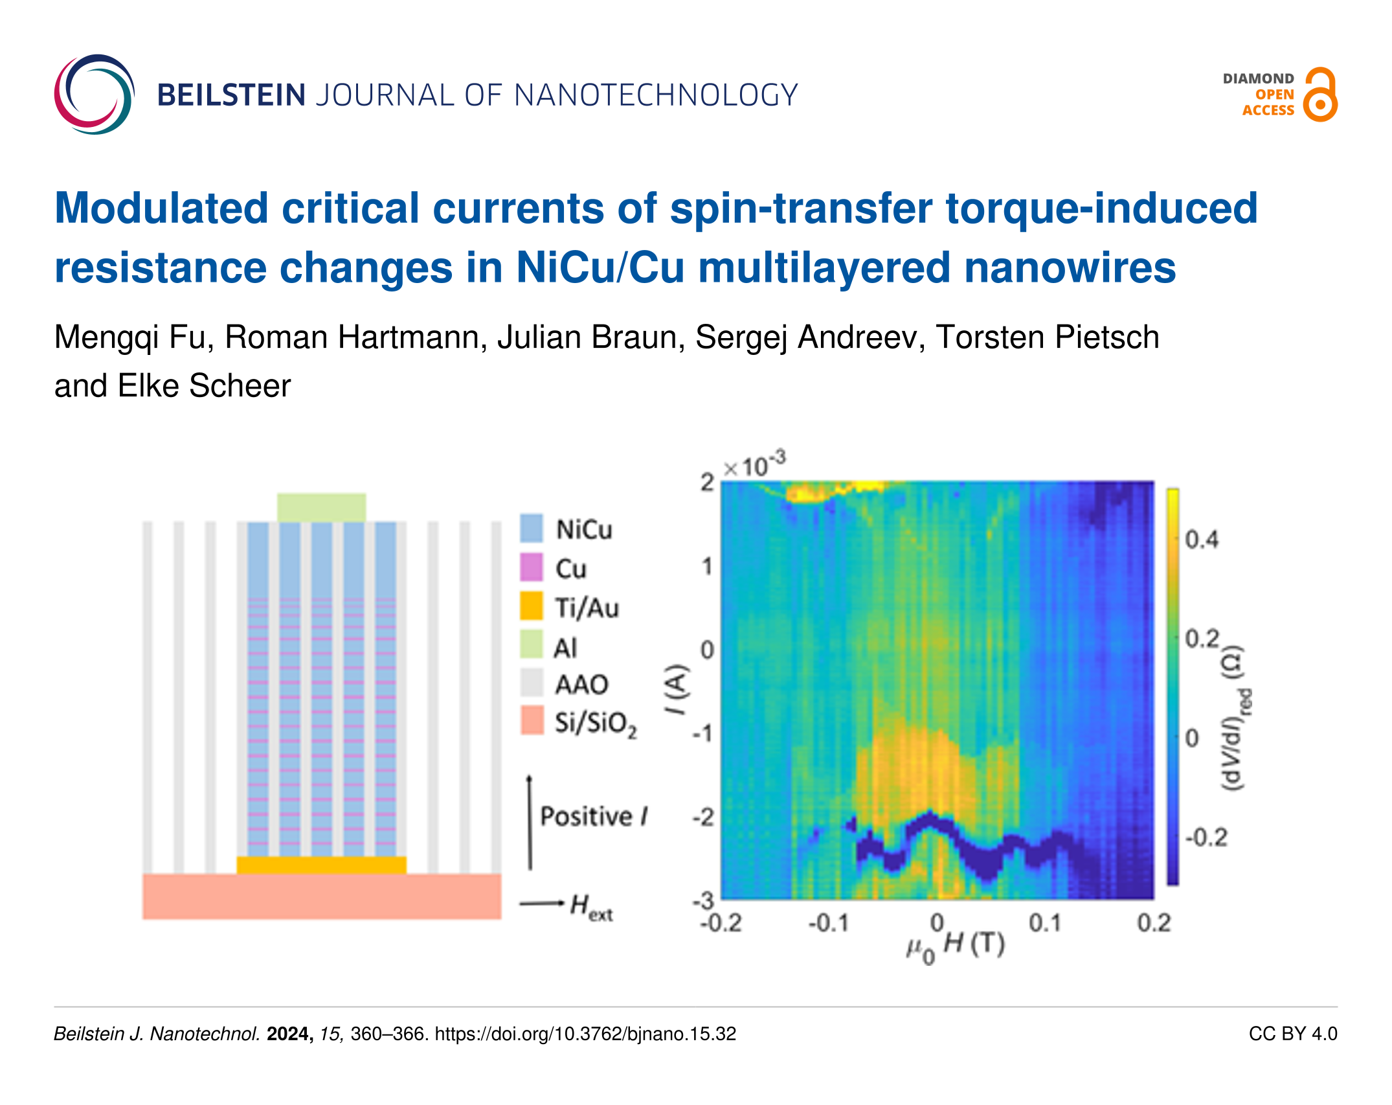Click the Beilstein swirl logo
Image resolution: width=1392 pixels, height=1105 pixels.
coord(95,95)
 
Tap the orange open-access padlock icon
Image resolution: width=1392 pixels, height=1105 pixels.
coord(1320,95)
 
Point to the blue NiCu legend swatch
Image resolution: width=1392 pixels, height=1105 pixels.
coord(532,529)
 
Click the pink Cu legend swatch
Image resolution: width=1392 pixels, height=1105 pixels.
coord(532,568)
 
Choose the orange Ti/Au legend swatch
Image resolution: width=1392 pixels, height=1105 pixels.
coord(532,607)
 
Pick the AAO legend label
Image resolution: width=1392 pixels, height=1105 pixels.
coord(581,684)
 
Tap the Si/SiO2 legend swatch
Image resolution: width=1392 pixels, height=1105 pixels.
coord(532,720)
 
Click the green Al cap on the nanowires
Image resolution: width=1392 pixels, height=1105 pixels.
coord(321,507)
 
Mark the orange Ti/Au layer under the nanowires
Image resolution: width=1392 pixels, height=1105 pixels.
coord(321,865)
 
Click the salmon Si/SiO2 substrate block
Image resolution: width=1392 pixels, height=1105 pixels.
coord(321,896)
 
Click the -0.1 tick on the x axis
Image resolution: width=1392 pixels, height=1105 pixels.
coord(828,922)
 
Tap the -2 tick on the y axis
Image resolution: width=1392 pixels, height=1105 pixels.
coord(703,817)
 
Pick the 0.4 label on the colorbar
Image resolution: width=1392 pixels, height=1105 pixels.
coord(1201,539)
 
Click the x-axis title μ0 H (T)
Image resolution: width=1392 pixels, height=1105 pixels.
coord(955,946)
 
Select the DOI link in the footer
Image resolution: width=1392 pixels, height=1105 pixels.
coord(585,1034)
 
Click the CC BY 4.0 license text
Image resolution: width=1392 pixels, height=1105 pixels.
coord(1292,1034)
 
